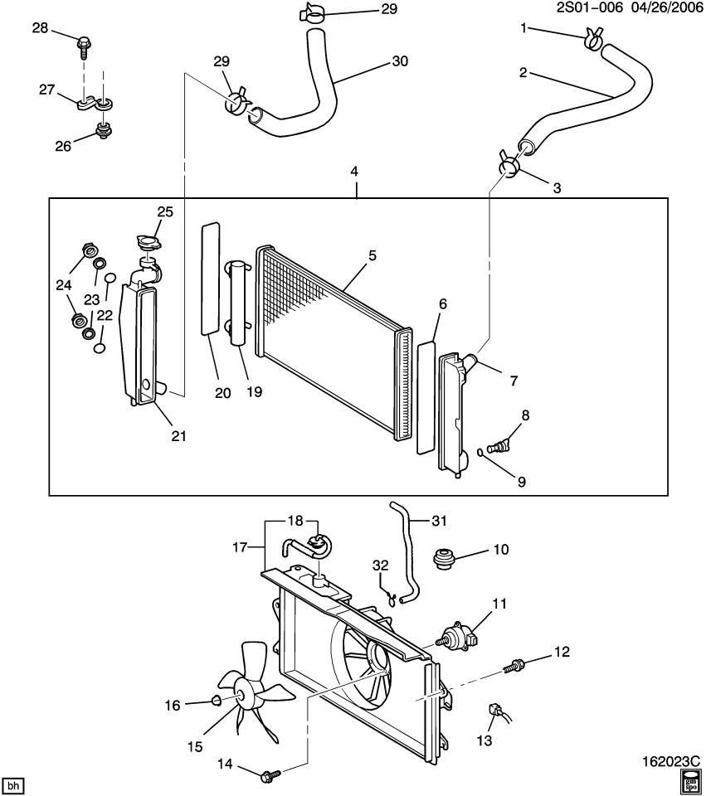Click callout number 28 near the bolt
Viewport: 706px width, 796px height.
click(x=41, y=28)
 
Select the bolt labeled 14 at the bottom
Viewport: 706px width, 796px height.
click(x=270, y=775)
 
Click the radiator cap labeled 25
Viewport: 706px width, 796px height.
click(x=149, y=243)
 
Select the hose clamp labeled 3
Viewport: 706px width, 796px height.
click(x=509, y=167)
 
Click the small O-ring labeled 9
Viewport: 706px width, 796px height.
click(x=481, y=453)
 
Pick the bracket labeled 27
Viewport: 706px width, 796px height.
click(x=93, y=104)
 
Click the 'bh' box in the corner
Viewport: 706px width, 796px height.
click(x=12, y=784)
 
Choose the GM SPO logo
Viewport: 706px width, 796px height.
click(x=689, y=781)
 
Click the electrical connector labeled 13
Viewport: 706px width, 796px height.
click(x=495, y=711)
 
